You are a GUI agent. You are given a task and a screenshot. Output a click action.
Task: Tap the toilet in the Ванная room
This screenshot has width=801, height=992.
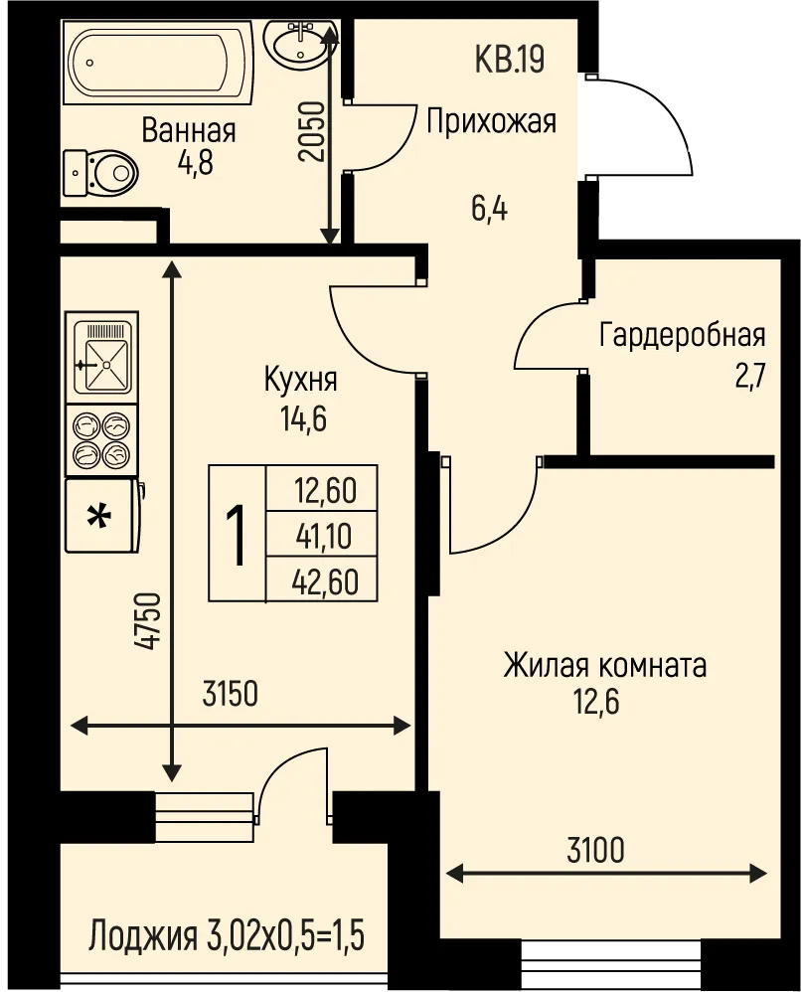pyautogui.click(x=100, y=172)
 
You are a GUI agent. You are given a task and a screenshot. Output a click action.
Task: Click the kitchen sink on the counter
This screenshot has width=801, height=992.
pyautogui.click(x=102, y=358)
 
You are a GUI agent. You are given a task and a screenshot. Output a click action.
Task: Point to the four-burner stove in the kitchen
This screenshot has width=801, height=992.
pyautogui.click(x=102, y=440)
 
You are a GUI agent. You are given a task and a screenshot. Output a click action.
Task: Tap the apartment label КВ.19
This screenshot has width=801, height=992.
pyautogui.click(x=510, y=60)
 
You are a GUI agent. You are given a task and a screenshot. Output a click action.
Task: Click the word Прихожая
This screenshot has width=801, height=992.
pyautogui.click(x=491, y=121)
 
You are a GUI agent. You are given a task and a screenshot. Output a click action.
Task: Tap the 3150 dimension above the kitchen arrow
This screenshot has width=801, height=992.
pyautogui.click(x=231, y=694)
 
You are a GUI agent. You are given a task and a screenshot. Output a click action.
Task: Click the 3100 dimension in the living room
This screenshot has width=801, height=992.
pyautogui.click(x=595, y=850)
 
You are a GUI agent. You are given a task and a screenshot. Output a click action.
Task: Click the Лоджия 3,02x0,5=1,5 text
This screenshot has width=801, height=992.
pyautogui.click(x=227, y=937)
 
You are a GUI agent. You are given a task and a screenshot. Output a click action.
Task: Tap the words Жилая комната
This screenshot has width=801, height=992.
pyautogui.click(x=604, y=666)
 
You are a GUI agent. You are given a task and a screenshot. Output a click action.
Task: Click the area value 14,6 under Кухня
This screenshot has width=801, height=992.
pyautogui.click(x=304, y=418)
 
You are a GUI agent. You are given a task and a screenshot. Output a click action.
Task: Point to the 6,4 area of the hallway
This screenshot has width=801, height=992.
pyautogui.click(x=489, y=209)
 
